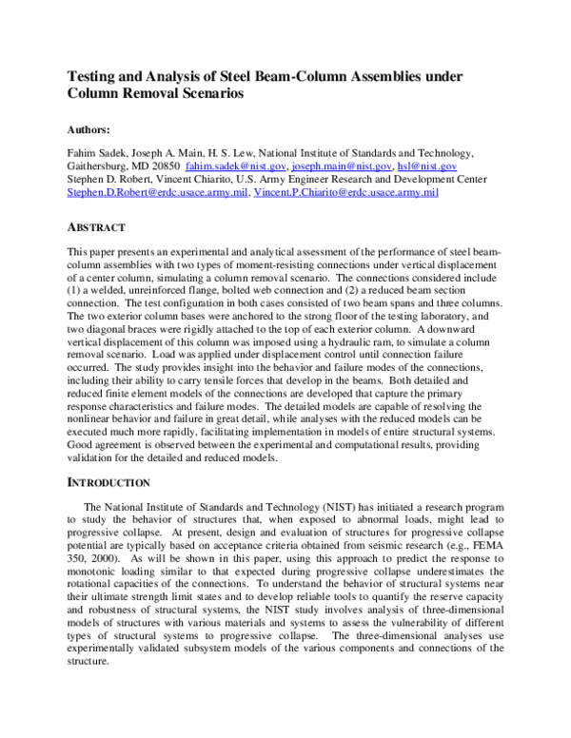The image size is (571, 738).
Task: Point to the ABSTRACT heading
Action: coord(97,229)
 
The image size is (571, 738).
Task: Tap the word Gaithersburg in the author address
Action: coord(98,165)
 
